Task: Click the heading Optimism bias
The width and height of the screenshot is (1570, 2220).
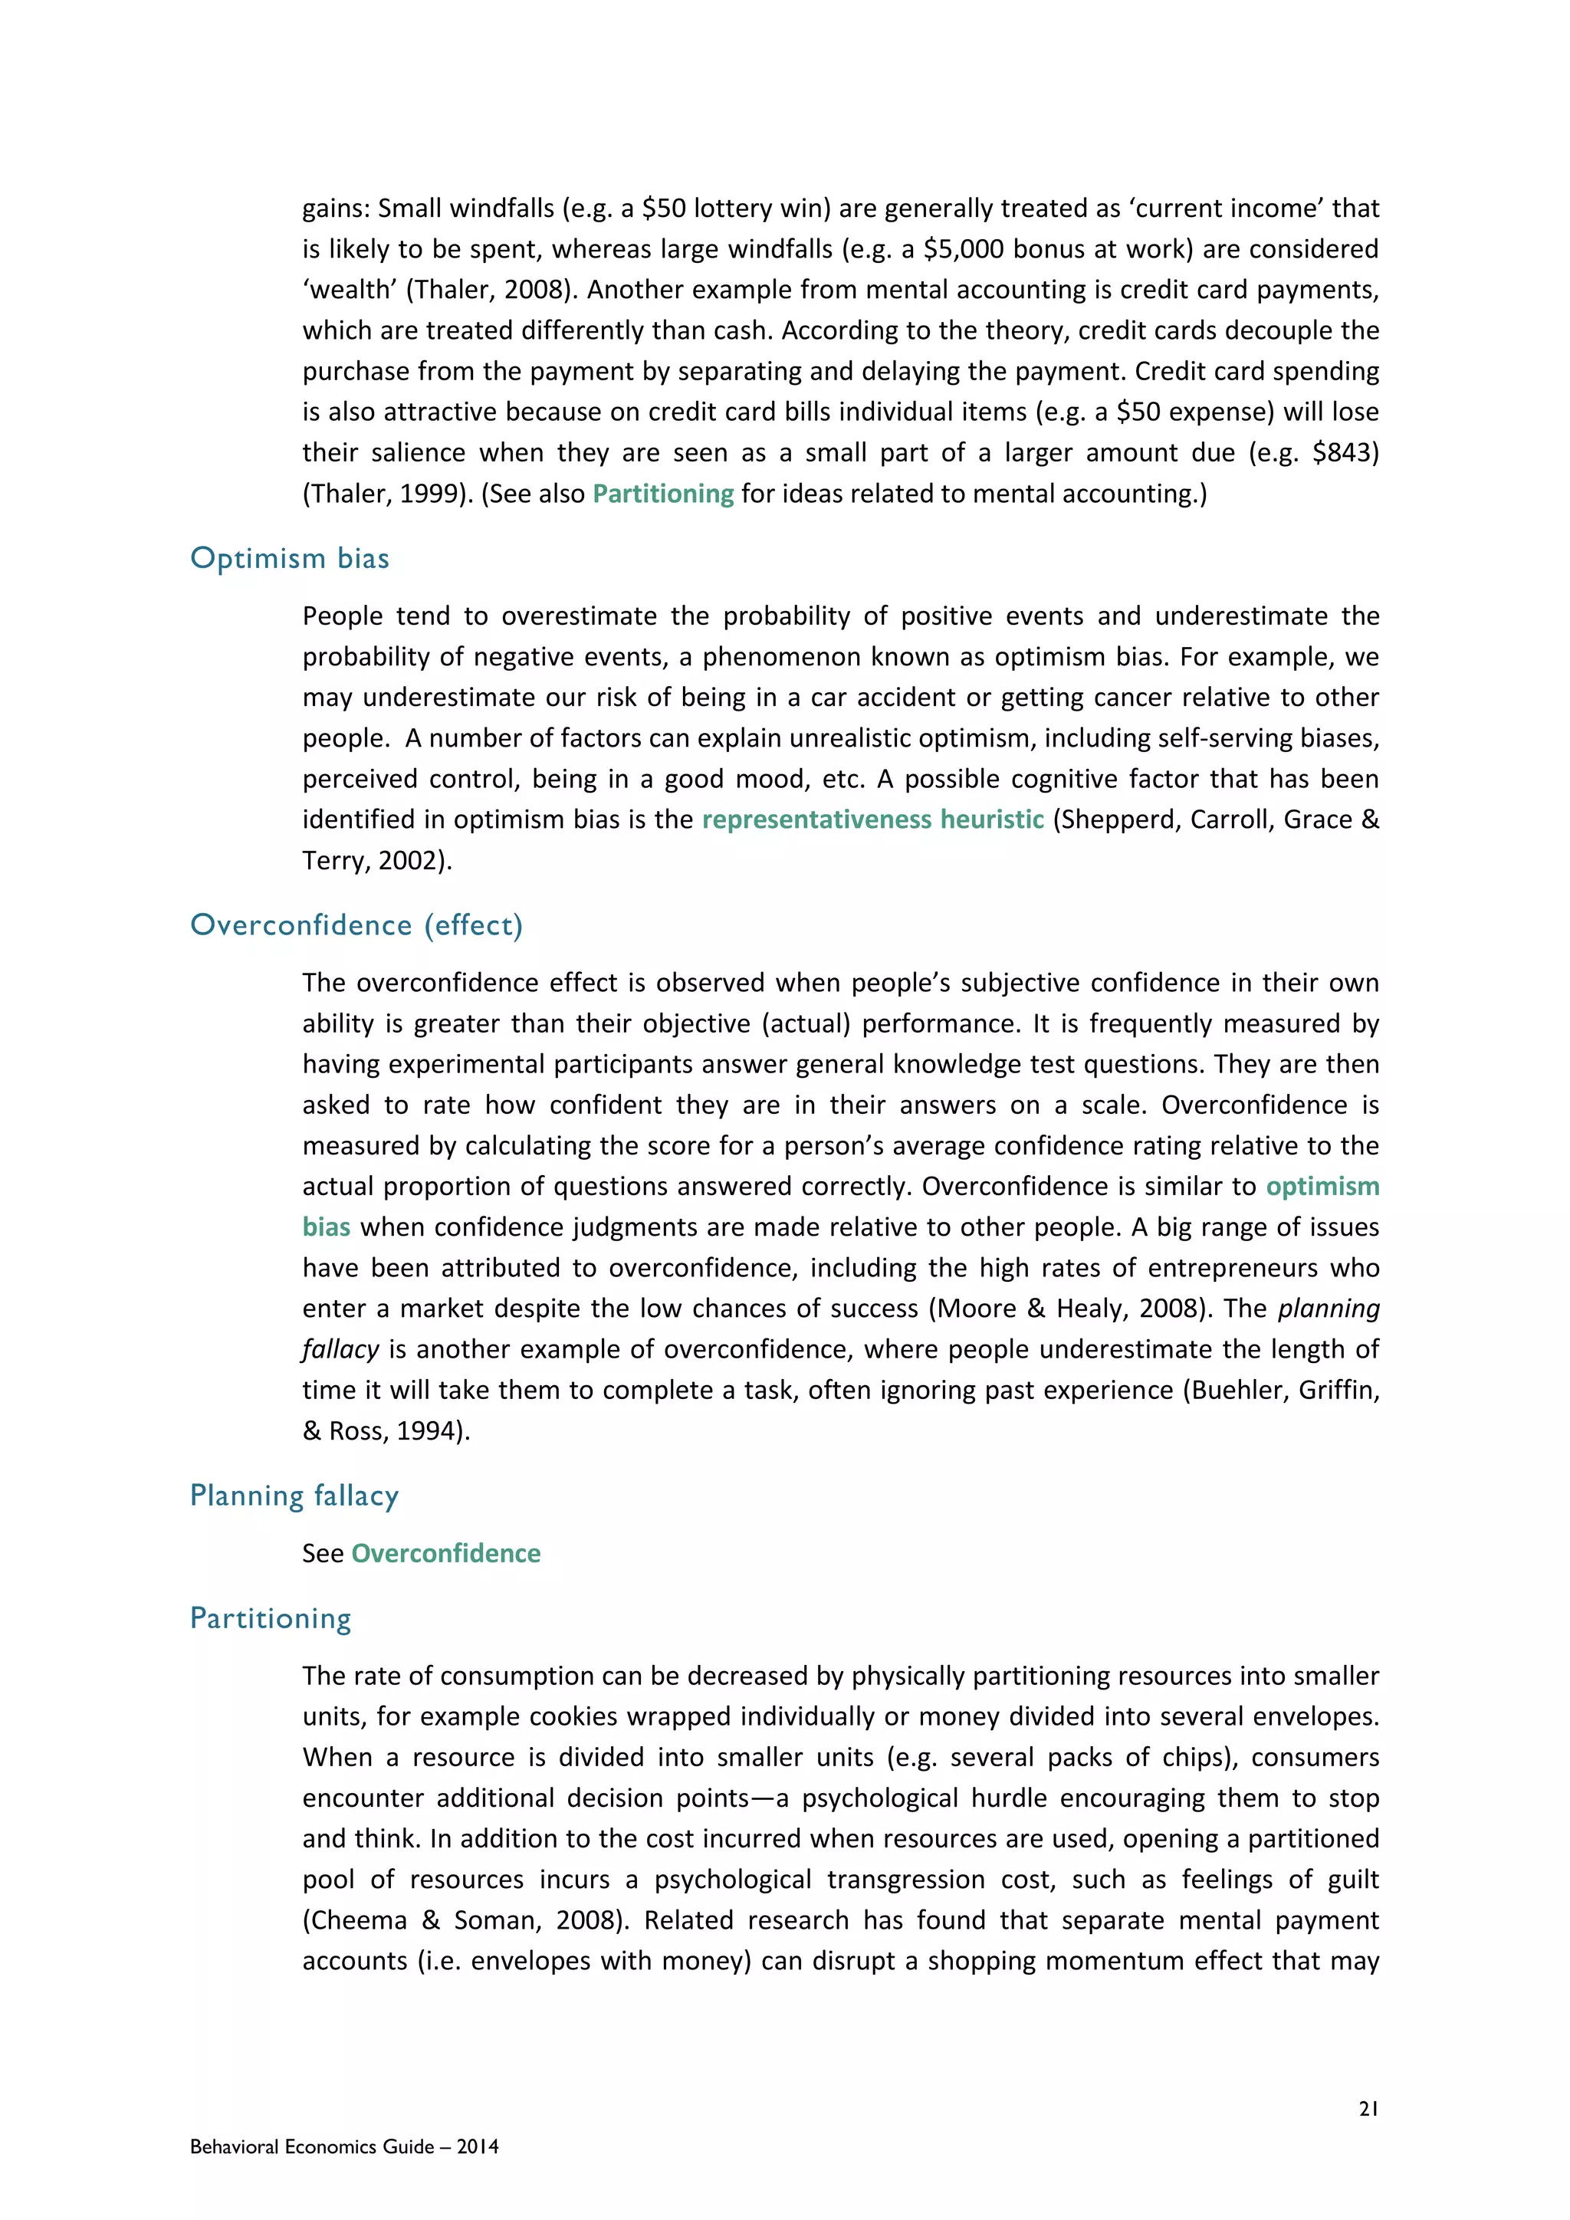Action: pos(289,559)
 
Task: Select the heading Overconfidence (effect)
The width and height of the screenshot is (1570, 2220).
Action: pos(356,925)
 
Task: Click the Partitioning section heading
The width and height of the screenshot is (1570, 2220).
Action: pos(271,1618)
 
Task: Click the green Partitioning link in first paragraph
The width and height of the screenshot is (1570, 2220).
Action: pos(663,494)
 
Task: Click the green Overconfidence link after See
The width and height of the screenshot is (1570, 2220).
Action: pos(445,1554)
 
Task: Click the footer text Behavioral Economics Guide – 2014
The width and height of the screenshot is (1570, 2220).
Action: pos(344,2146)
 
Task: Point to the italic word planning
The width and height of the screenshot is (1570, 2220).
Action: pos(1329,1309)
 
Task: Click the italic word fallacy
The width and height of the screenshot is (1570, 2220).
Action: pos(340,1350)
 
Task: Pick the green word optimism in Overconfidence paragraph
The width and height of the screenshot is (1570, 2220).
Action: pos(1322,1187)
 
